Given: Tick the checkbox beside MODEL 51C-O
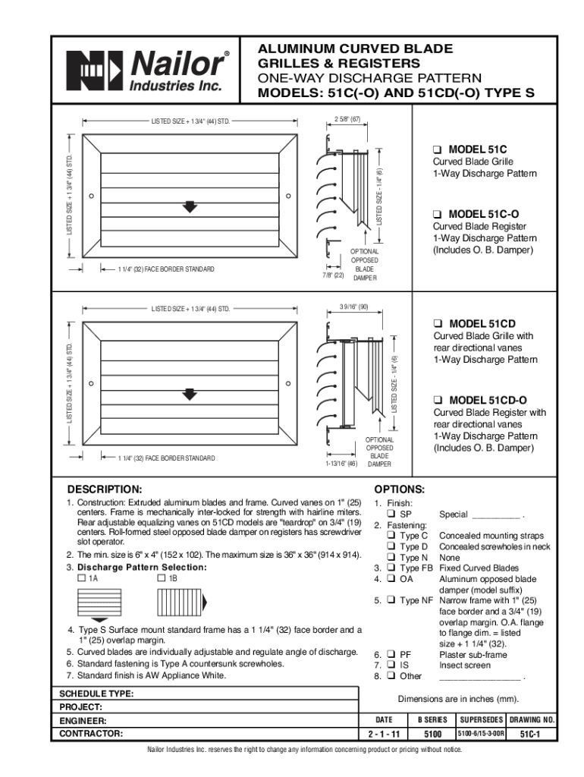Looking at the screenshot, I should pos(438,214).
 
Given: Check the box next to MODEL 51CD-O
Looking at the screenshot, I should pos(438,400).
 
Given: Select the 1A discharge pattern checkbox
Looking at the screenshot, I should pos(81,578).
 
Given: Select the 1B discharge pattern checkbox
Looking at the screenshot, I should pos(162,578).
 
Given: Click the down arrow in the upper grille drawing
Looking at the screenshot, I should pos(190,206).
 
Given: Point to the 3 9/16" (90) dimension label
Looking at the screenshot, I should pos(353,307).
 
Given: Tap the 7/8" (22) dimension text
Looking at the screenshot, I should pos(333,275).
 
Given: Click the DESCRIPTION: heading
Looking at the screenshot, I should pos(104,489).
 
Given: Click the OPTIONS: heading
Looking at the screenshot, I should pos(400,489).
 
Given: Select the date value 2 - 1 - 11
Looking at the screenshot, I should pos(384,735).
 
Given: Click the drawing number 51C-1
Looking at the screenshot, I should pos(529,735).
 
